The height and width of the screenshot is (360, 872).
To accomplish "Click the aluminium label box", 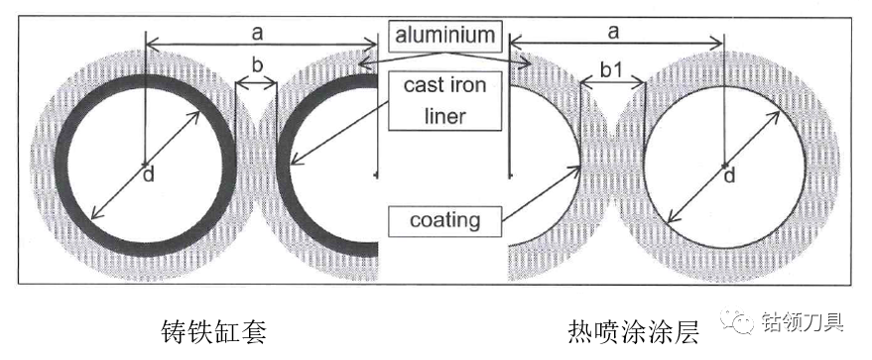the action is coord(444,36).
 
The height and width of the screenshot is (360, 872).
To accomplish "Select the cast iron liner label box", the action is coord(444,100).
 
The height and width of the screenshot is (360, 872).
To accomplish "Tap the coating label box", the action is coord(444,220).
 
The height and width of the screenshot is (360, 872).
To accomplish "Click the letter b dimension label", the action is coord(256,65).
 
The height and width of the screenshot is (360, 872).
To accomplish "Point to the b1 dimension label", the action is coord(612,70).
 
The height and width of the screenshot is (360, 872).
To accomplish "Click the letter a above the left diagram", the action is coord(256,34).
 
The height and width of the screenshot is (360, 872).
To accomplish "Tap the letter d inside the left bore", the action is coord(149,175).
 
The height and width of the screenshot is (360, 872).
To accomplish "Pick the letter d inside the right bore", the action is coord(729,176).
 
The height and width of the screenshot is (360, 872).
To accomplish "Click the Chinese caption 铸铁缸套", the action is coord(214,331).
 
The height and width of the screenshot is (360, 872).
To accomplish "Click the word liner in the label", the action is coord(444,116).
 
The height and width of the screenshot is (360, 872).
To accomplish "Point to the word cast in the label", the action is coord(424,86).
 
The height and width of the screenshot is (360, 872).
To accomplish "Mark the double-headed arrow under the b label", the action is coord(256,84).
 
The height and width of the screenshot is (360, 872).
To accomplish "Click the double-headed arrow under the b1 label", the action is coord(612,84).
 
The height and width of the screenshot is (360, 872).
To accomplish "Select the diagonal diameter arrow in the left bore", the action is coord(146,165).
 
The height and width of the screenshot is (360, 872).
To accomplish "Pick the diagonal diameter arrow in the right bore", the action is coord(723,166).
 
